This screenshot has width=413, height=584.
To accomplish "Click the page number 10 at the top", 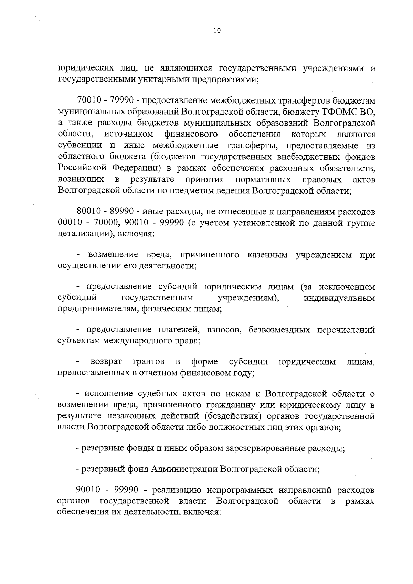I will tap(217, 31).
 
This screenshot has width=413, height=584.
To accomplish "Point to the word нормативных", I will tap(263, 180).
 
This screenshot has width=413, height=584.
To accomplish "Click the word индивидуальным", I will tap(339, 298).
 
